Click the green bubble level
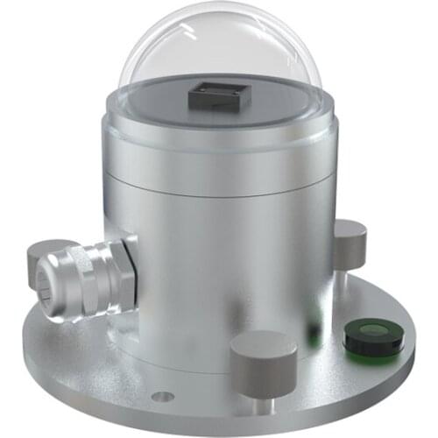tap(373, 336)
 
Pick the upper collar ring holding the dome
tap(219, 131)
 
